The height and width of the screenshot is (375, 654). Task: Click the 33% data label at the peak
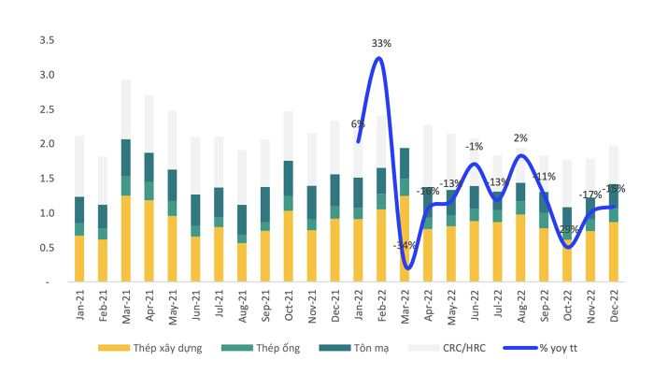tap(380, 43)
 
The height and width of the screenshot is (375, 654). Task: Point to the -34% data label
tap(404, 246)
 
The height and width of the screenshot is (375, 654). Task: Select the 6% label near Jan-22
tap(358, 123)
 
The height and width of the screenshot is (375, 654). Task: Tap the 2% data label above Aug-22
tap(520, 138)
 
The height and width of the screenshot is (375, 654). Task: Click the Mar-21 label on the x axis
tap(126, 304)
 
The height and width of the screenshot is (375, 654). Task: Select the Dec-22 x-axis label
tap(615, 304)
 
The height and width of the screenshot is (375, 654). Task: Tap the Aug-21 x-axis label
tap(243, 304)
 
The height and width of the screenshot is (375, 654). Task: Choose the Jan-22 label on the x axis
tap(359, 304)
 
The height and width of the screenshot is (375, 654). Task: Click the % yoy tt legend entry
tap(553, 348)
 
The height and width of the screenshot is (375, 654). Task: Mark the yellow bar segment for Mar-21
tap(126, 238)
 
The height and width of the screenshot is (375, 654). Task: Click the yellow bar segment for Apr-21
tap(149, 240)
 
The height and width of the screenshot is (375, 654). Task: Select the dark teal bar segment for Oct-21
tap(289, 179)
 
